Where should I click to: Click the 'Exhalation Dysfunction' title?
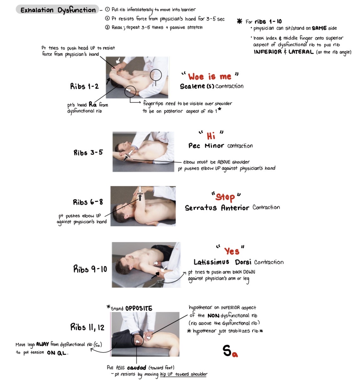point(58,10)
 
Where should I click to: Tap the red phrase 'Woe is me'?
point(209,77)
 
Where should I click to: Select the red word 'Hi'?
point(211,136)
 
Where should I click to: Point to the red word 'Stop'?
point(225,197)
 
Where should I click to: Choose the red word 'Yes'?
point(232,251)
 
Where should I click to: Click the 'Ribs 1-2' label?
point(84,86)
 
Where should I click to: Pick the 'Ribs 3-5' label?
point(88,153)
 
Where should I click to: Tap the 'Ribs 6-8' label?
point(88,202)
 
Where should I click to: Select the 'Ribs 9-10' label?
point(90,269)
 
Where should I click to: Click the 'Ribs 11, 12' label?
point(87,327)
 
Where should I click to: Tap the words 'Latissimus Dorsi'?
point(222,262)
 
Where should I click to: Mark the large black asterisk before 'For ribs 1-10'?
point(239,22)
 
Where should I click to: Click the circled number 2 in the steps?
point(107,18)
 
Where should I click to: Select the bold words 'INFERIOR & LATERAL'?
point(283,52)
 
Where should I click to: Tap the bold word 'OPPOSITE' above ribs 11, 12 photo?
point(139,308)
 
